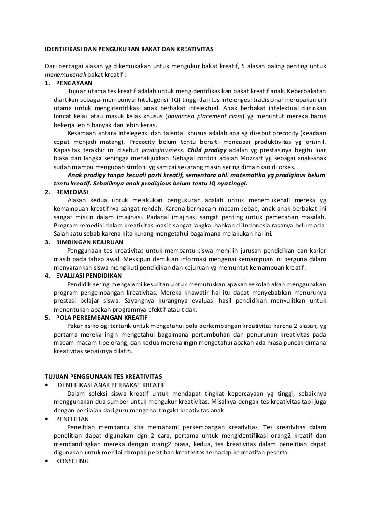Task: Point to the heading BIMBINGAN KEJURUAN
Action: [x=89, y=242]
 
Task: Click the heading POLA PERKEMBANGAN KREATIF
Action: [x=102, y=317]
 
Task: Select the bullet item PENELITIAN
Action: [x=72, y=419]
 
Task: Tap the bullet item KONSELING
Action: [x=72, y=461]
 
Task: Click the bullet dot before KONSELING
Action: [x=46, y=461]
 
